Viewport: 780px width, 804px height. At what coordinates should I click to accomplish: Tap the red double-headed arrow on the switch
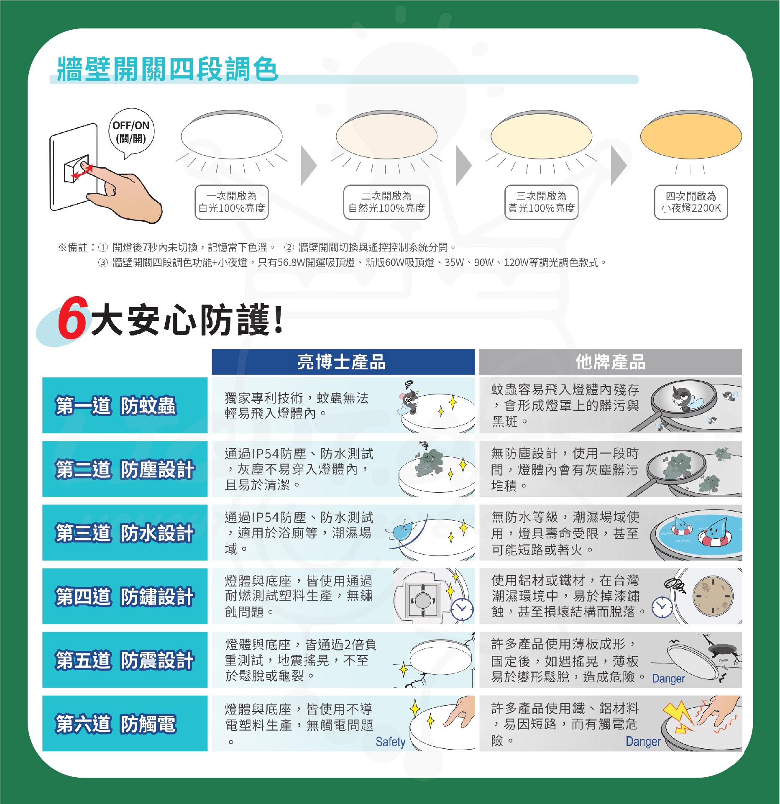point(82,172)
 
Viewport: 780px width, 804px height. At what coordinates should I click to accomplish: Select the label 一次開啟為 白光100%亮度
point(232,202)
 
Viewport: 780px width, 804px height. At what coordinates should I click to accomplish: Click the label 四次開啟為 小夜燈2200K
point(691,202)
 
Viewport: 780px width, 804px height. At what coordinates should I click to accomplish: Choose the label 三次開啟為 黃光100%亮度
point(542,202)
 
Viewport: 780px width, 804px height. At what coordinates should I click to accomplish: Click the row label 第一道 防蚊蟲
point(116,406)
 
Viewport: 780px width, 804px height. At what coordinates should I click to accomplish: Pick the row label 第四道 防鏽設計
point(125,597)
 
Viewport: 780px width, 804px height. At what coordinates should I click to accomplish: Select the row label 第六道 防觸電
point(116,724)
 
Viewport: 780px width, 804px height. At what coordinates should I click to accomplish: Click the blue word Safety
point(390,742)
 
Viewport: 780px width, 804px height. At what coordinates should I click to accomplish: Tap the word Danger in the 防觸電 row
point(643,742)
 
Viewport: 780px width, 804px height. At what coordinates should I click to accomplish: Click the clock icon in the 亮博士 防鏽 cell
point(463,609)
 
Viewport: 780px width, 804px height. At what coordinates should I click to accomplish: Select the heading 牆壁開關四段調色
point(167,69)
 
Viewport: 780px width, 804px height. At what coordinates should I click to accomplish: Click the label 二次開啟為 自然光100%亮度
point(386,202)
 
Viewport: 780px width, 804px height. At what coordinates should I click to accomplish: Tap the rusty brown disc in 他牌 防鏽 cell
point(713,596)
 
